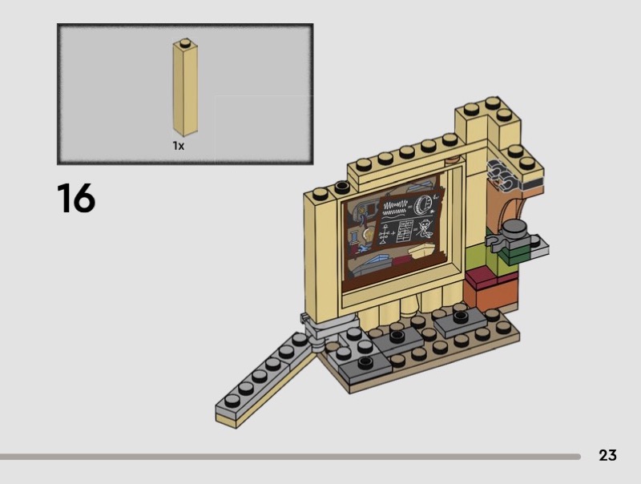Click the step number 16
[76, 198]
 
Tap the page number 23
[607, 455]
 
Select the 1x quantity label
[178, 146]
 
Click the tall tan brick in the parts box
[185, 88]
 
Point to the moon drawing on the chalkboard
[421, 204]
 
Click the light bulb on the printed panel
[369, 235]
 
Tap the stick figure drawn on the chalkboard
[427, 229]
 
